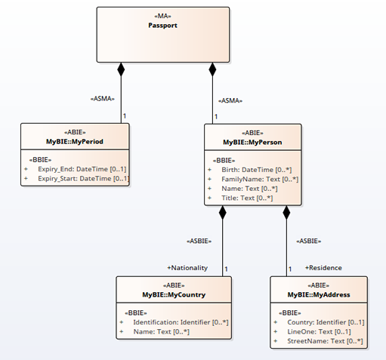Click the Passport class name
click(162, 26)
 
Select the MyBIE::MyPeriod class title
click(75, 142)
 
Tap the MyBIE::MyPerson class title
click(252, 143)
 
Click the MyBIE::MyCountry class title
click(174, 294)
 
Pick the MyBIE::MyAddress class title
click(319, 294)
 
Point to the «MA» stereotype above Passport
click(162, 16)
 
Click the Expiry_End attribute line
click(82, 169)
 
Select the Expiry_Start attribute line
click(83, 179)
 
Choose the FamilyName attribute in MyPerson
click(260, 180)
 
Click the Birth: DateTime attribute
click(257, 170)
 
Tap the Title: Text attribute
click(247, 198)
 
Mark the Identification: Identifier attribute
click(181, 322)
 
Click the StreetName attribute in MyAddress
click(325, 341)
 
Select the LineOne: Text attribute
click(319, 332)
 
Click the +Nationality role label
click(187, 268)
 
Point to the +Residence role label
click(323, 268)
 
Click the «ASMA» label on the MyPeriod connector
click(103, 99)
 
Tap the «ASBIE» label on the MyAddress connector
click(309, 241)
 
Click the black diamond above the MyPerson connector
click(212, 69)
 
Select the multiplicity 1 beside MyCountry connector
click(226, 269)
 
